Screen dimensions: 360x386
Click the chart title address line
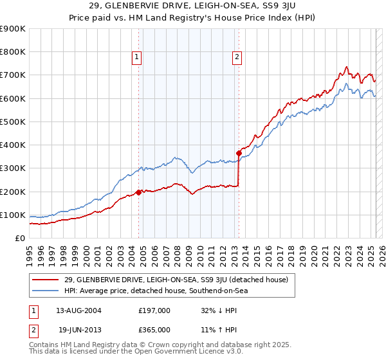(x=193, y=7)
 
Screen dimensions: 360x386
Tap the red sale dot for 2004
(x=138, y=192)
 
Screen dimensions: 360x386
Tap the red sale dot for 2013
(x=239, y=153)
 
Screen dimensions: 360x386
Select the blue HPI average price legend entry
(x=156, y=291)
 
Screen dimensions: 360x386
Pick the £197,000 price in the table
(x=154, y=310)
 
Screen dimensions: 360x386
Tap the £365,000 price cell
(x=154, y=329)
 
